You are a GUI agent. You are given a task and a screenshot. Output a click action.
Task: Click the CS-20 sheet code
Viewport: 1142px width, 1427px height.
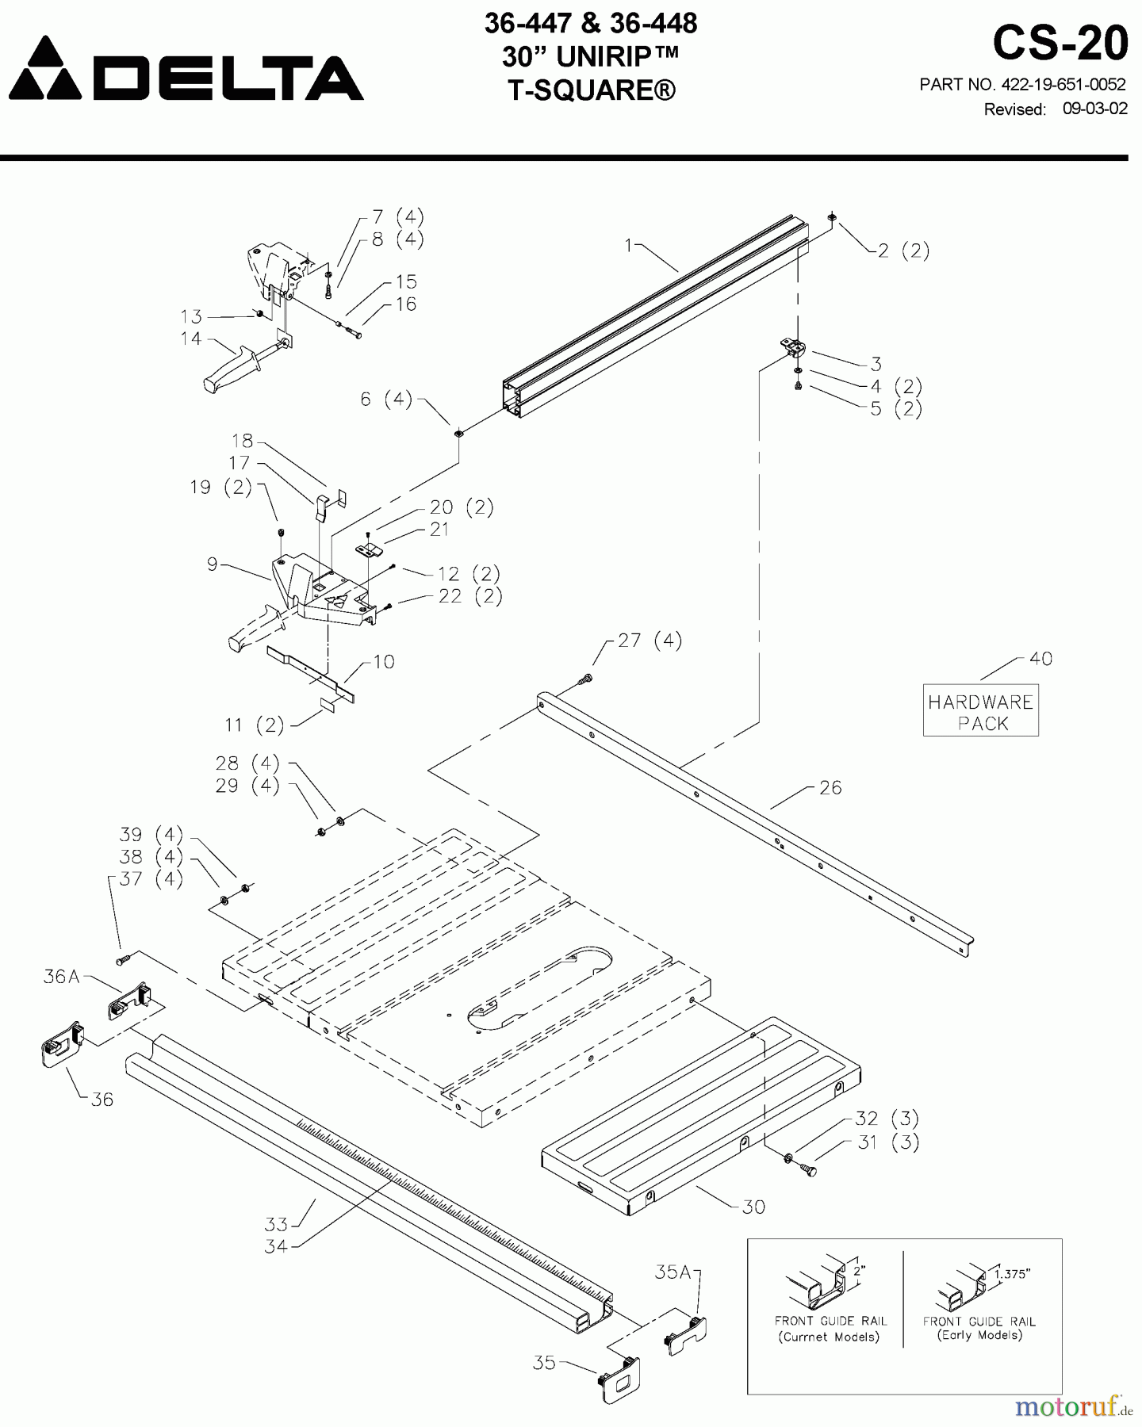tap(1060, 43)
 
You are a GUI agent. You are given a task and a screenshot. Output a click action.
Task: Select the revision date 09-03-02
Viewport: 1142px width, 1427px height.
tap(1094, 109)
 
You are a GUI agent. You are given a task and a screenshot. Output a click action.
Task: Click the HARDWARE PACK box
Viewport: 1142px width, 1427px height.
tap(980, 711)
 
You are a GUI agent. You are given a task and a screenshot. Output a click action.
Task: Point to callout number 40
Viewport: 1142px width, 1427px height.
tap(1040, 659)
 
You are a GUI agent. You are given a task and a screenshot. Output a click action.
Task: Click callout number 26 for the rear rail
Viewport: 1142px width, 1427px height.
tap(830, 788)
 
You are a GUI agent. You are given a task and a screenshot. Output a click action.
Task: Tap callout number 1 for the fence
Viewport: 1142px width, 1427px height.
tap(629, 246)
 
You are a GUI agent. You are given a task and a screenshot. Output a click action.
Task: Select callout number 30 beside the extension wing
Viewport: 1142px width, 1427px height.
tap(753, 1207)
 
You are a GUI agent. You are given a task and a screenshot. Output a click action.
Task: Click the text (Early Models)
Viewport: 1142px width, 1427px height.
tap(979, 1335)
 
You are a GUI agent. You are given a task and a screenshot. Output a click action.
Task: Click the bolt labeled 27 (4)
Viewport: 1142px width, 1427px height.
tap(586, 679)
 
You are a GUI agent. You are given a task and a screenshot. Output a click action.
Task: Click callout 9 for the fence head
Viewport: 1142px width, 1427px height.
tap(212, 564)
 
